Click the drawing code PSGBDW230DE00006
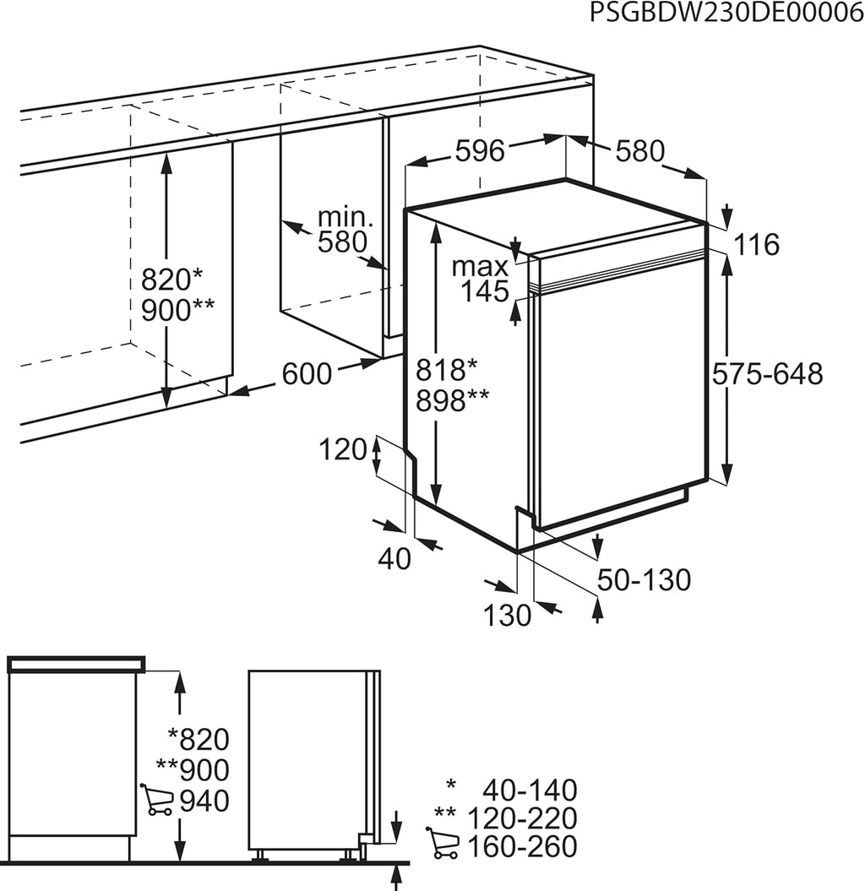(726, 12)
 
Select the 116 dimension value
(756, 245)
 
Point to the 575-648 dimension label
(767, 374)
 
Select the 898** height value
(452, 400)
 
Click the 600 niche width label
(307, 374)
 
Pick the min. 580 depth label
(345, 230)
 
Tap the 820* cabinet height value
(171, 280)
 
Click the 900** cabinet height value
(177, 310)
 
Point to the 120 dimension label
(343, 450)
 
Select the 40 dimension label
(394, 558)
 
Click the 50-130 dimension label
(644, 579)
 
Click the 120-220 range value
(522, 818)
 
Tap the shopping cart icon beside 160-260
(442, 843)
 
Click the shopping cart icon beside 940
(157, 800)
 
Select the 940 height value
(204, 801)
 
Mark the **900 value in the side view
(193, 769)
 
